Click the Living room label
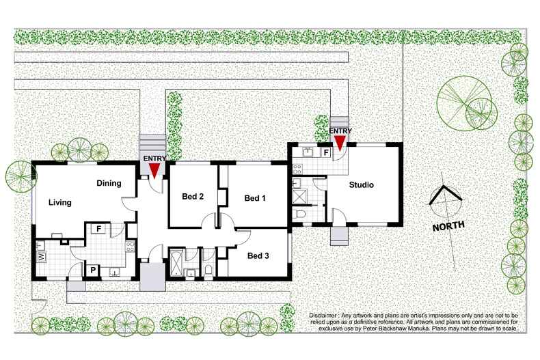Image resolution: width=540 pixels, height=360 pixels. [61, 202]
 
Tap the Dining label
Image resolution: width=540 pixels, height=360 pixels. [109, 183]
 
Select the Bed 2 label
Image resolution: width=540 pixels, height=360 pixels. [193, 197]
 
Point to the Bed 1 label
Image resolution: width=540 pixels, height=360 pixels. [255, 198]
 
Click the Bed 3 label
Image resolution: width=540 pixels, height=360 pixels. [258, 256]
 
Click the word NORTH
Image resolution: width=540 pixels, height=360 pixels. [448, 225]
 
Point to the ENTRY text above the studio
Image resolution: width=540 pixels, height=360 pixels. [340, 130]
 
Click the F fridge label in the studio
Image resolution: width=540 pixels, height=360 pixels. [327, 152]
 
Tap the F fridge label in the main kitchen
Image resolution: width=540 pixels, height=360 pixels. [99, 228]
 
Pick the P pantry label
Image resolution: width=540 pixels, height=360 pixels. [93, 270]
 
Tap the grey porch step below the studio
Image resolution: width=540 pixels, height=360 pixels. [340, 235]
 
